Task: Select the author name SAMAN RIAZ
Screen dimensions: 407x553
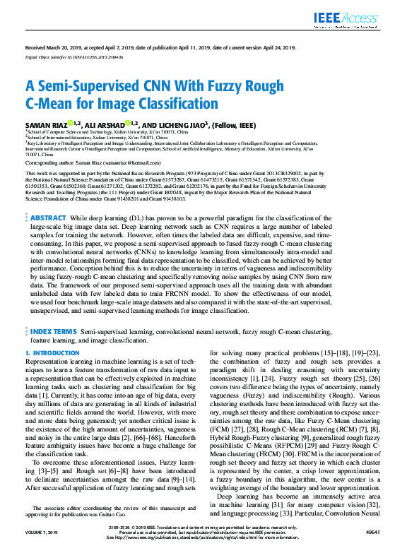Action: tap(47, 124)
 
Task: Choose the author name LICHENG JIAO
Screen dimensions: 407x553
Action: tap(180, 124)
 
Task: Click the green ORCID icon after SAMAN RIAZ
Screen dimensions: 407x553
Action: tap(71, 123)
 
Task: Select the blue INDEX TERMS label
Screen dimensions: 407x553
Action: tap(54, 331)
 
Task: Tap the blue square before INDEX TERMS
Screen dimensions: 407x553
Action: tap(28, 331)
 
